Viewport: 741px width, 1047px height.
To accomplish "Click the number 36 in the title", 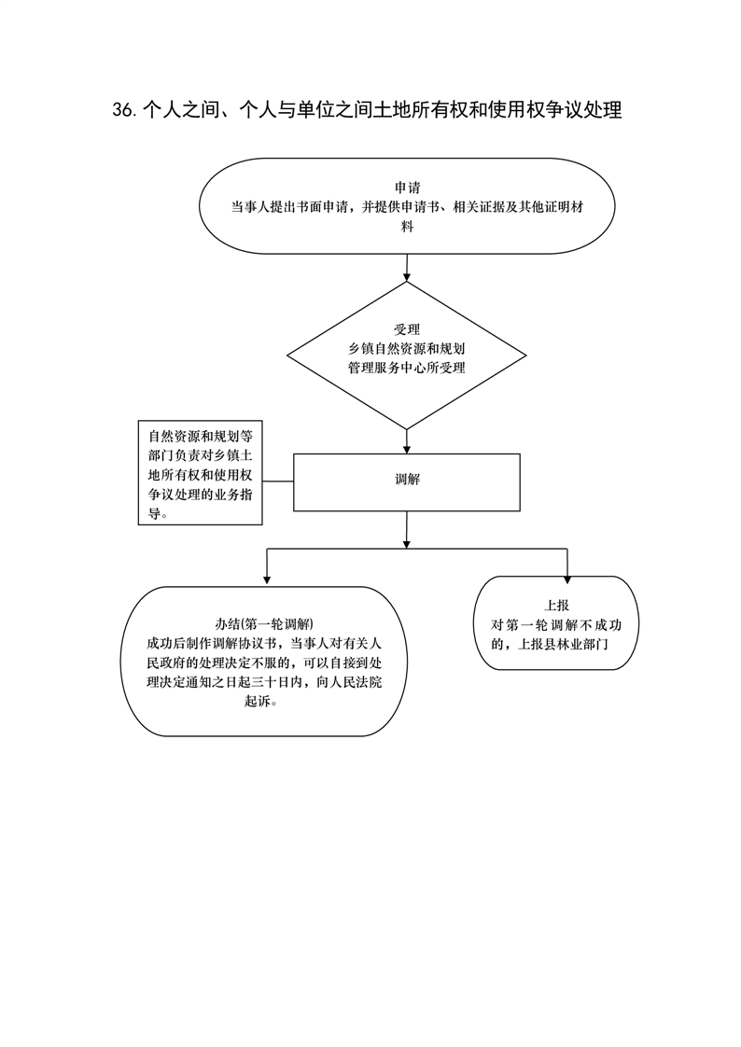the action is coord(123,110).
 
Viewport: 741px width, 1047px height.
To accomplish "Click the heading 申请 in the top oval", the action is coord(407,188).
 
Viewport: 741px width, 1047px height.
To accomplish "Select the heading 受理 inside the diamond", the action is coord(407,329).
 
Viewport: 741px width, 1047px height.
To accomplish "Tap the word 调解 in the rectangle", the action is coord(407,480).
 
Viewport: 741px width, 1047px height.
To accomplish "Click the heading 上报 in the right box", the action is coord(556,606).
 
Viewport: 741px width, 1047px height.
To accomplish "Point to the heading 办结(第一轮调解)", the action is coord(264,623).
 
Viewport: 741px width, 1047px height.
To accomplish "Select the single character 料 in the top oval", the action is coord(407,227).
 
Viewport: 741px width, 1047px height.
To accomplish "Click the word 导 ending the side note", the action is coord(154,514).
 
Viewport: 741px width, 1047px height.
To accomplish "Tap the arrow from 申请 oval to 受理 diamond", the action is coord(407,267).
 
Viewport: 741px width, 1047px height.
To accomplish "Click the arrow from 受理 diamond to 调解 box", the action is coord(407,441).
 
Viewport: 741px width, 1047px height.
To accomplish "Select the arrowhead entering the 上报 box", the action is coord(566,579).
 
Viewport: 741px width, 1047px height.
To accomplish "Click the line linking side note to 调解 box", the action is coord(278,481).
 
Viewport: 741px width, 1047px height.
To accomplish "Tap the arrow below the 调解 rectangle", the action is coord(407,530).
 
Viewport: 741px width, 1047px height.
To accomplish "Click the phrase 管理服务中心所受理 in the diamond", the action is coord(407,368).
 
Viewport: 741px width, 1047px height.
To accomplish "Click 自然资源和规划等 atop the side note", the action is coord(201,437).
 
